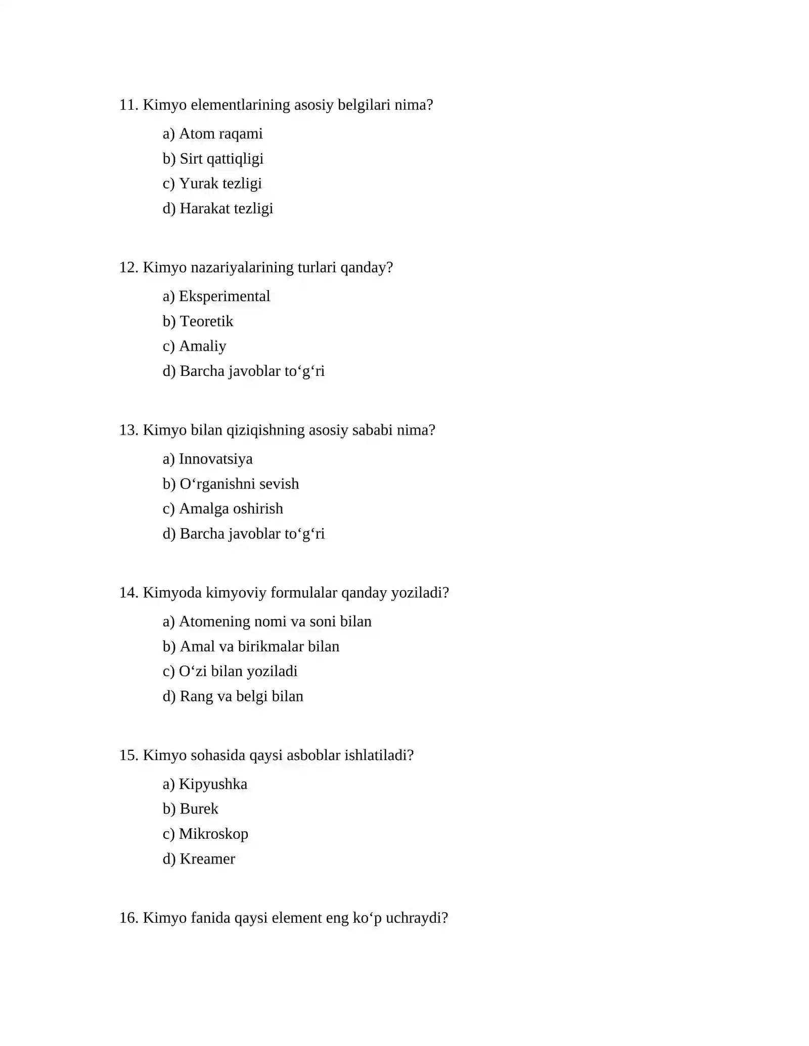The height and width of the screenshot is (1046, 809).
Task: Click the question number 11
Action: point(128,105)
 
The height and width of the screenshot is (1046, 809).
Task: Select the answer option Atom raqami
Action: point(220,134)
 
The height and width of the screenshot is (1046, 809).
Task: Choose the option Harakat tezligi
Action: point(226,209)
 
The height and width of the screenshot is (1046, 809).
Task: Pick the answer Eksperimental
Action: point(224,297)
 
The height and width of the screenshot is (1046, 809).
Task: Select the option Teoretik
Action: point(206,321)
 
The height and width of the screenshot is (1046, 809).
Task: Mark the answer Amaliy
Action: point(202,346)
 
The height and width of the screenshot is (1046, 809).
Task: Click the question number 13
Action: point(128,431)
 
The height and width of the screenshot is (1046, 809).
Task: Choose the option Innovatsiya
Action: point(215,459)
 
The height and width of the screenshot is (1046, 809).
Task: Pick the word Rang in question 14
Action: point(196,697)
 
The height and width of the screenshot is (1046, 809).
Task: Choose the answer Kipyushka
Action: point(213,784)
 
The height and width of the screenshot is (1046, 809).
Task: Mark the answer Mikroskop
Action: point(213,834)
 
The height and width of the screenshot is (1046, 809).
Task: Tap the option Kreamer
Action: point(207,859)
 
